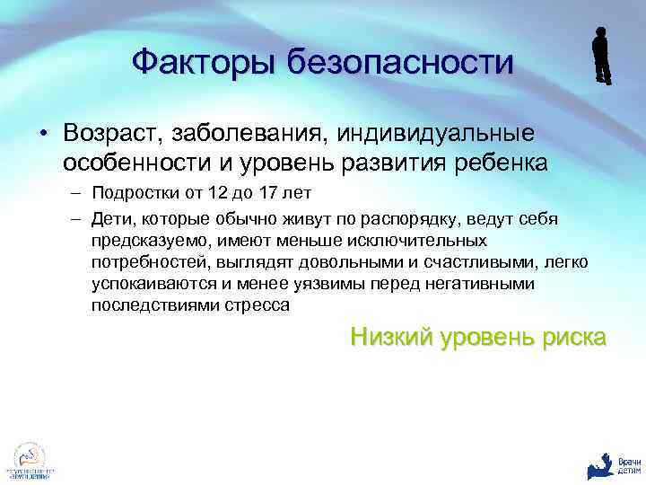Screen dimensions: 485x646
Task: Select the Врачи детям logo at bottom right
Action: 611,463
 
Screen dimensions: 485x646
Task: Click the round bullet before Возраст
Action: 42,135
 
